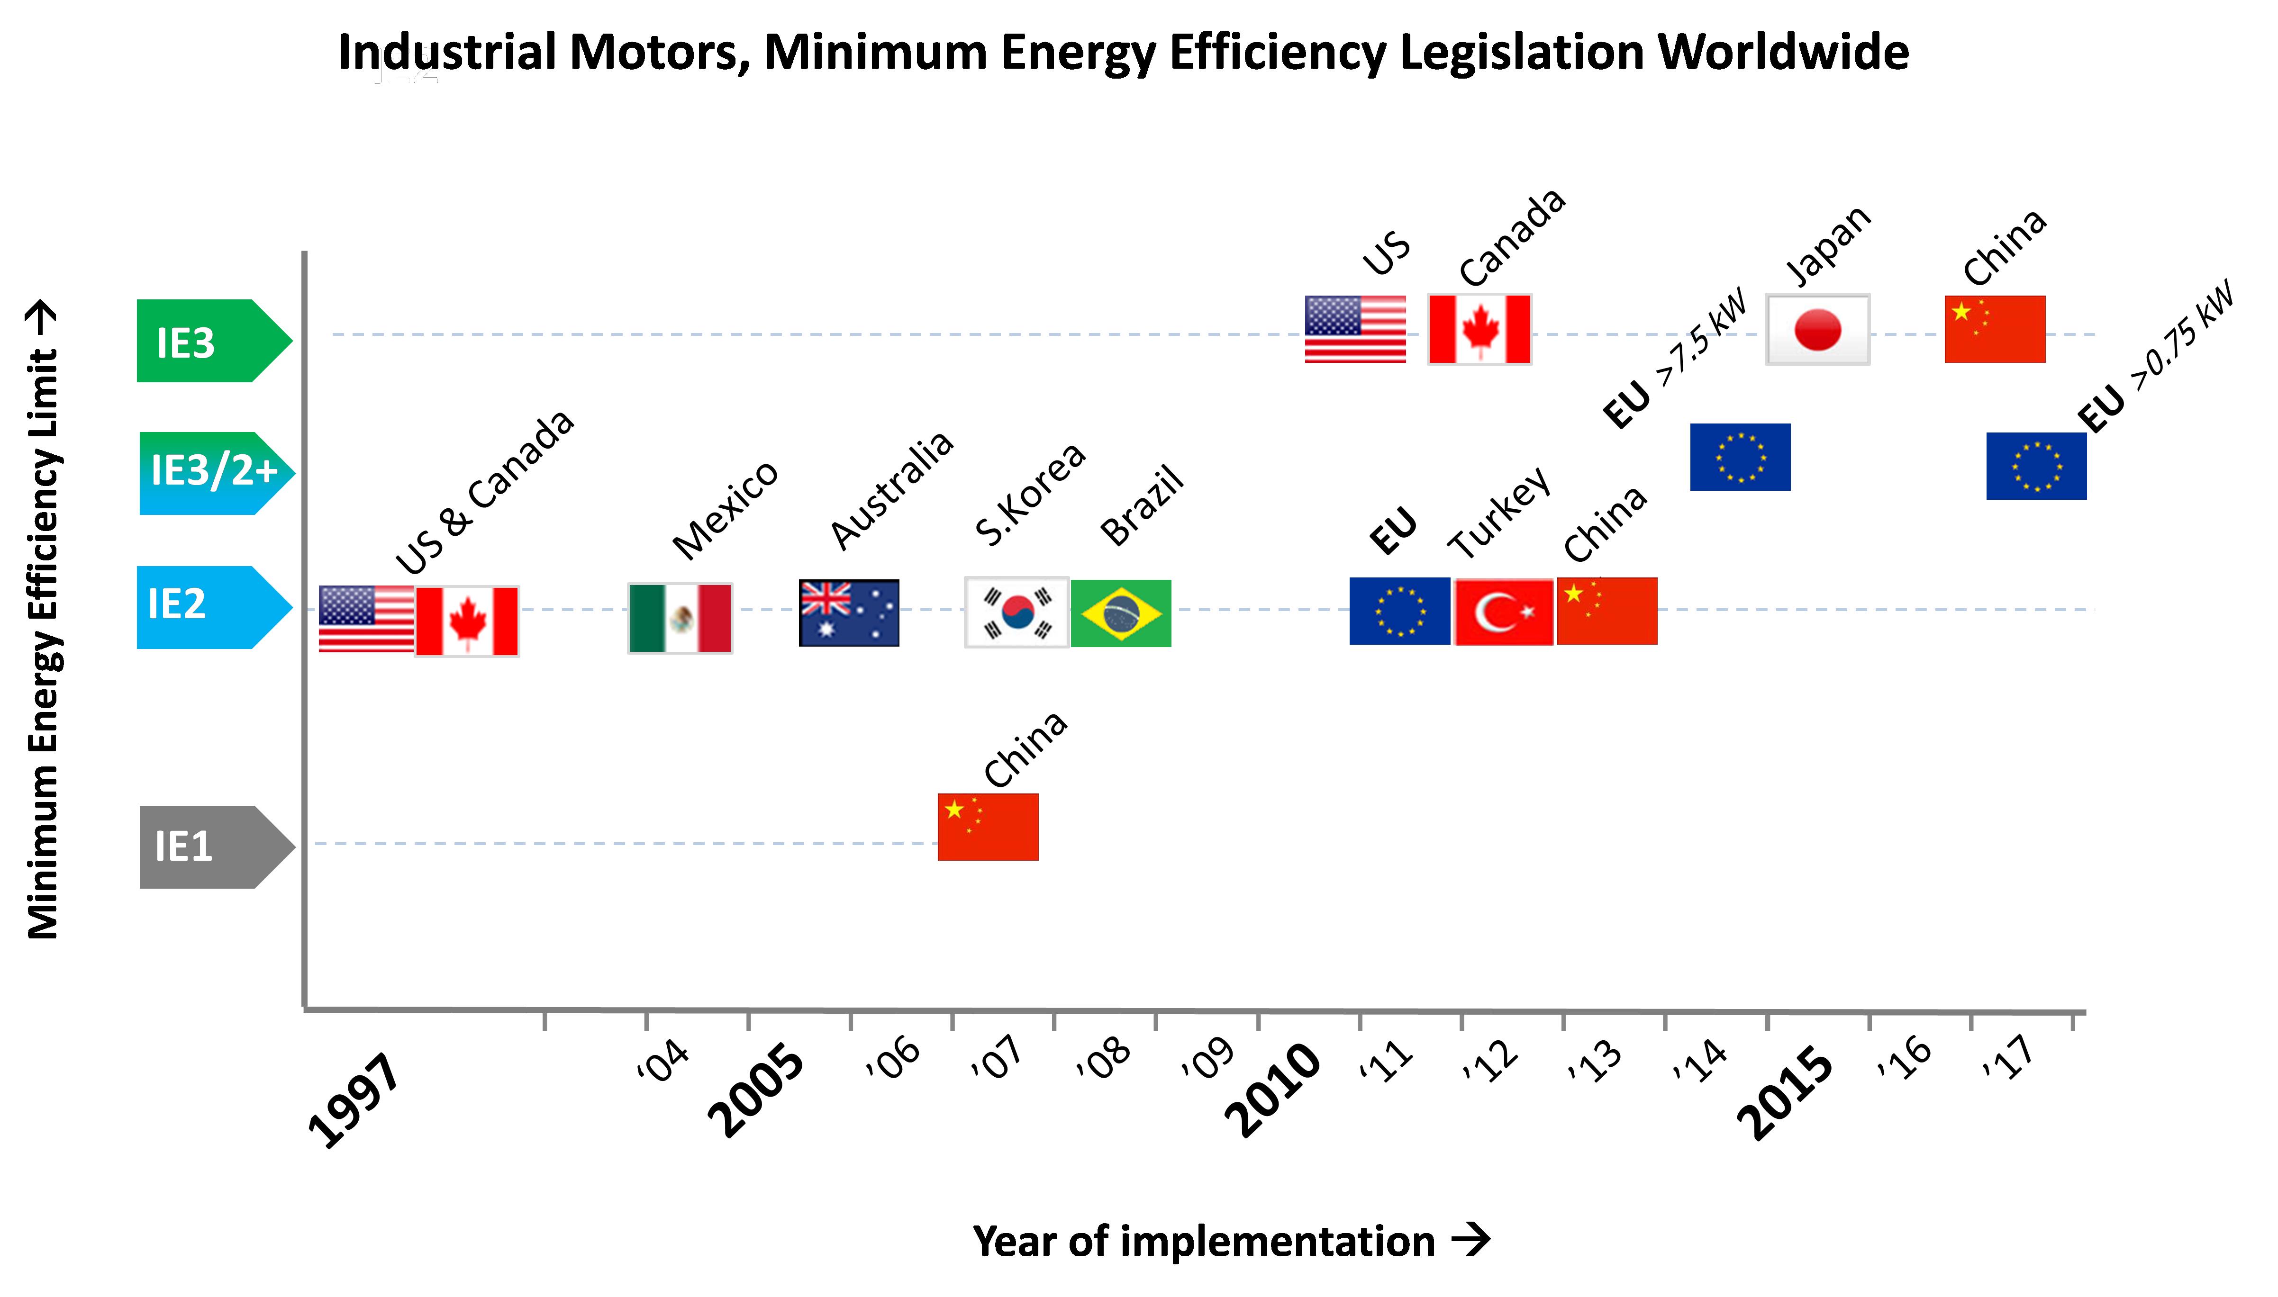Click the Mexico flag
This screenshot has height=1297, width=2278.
[x=680, y=618]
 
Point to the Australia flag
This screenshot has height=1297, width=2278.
[x=849, y=613]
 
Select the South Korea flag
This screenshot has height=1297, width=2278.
[x=1016, y=612]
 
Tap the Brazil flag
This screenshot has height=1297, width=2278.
[x=1121, y=613]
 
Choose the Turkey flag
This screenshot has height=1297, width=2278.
[x=1504, y=611]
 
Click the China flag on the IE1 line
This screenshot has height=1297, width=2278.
[x=988, y=827]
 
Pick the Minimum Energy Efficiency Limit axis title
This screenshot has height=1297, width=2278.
[x=43, y=623]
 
